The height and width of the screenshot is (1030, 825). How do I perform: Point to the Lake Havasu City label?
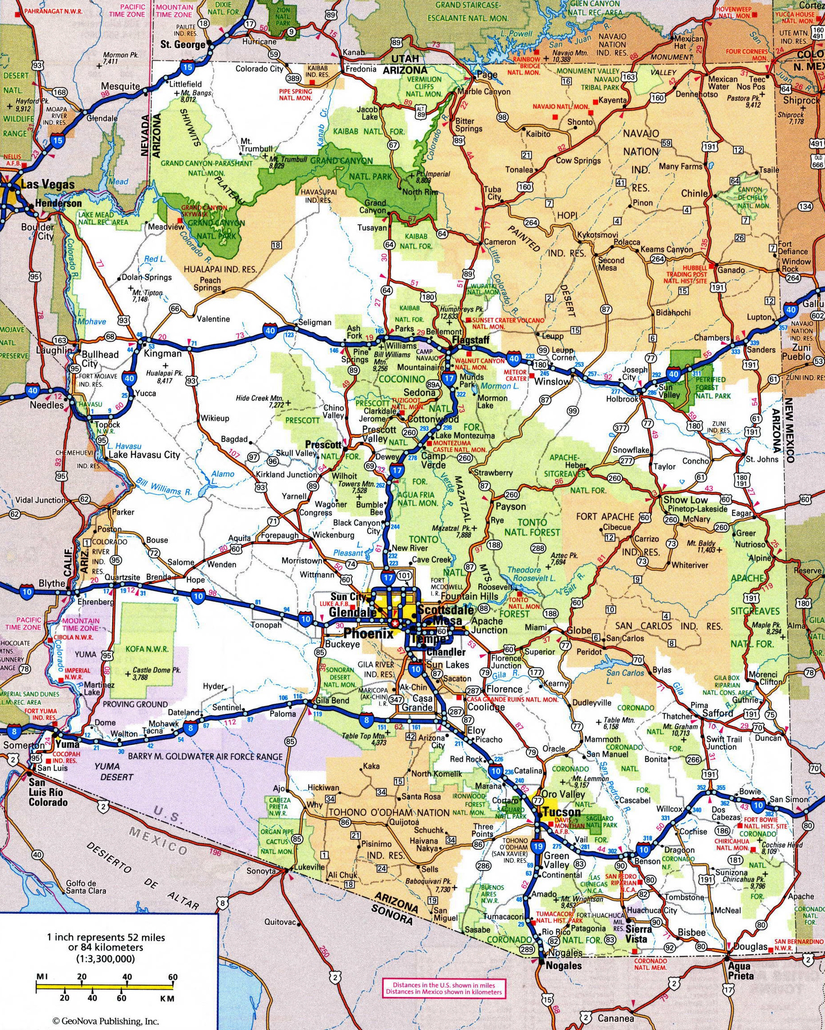[144, 454]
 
